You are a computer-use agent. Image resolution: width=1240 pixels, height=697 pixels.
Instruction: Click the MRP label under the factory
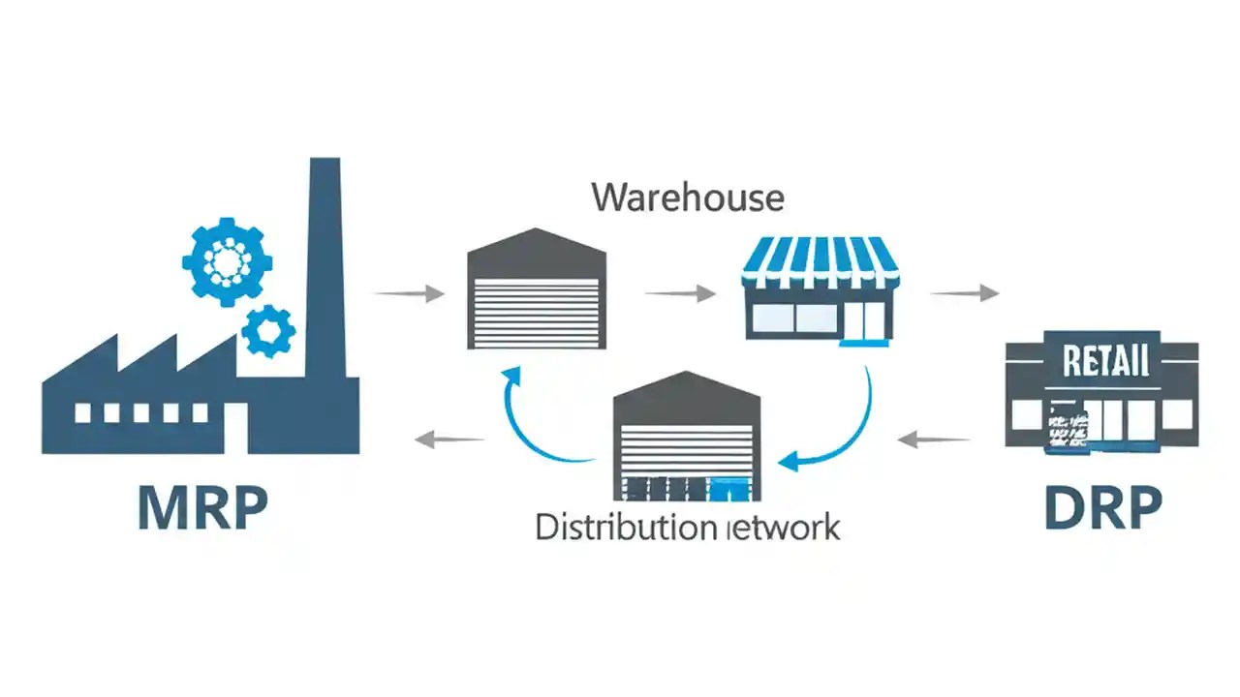[x=202, y=507]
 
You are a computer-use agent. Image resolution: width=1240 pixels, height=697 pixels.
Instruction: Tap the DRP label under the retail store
[x=1102, y=507]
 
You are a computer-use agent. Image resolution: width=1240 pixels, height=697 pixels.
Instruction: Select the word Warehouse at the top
[x=687, y=197]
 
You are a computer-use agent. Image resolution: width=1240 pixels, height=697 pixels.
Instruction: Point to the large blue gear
[x=227, y=261]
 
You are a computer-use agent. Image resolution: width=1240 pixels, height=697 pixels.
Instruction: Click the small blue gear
[x=268, y=332]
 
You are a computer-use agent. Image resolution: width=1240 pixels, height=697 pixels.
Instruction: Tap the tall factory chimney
[x=325, y=271]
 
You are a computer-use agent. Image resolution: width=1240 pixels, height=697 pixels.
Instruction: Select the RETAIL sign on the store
[x=1105, y=361]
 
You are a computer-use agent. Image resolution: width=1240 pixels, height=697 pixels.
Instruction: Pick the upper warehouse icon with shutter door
[x=536, y=290]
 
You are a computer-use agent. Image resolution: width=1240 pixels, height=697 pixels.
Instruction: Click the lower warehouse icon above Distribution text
[x=687, y=436]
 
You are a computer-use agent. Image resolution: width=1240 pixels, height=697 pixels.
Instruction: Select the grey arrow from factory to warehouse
[x=409, y=293]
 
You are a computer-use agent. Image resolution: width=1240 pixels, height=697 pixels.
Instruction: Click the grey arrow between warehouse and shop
[x=680, y=293]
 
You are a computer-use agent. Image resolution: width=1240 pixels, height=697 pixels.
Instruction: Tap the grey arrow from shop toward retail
[x=963, y=293]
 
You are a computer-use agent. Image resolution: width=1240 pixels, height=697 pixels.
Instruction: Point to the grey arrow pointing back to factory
[x=449, y=440]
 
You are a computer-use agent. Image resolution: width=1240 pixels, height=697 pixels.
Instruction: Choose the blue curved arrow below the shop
[x=841, y=426]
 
